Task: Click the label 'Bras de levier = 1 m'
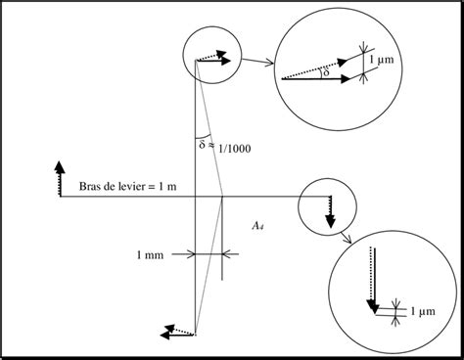tap(128, 186)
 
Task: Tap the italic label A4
tap(257, 226)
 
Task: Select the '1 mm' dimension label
tap(150, 254)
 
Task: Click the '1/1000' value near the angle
tap(235, 149)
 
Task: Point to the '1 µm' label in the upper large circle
tap(382, 60)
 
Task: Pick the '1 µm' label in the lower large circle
tap(423, 311)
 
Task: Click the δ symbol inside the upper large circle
tap(326, 72)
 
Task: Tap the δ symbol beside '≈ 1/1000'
tap(203, 144)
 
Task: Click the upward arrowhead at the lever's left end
tap(59, 167)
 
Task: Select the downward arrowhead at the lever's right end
tap(331, 221)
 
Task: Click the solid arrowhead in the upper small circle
tap(225, 61)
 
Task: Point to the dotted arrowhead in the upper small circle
tap(221, 55)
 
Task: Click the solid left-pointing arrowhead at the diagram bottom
tap(165, 335)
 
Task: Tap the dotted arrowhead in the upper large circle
tap(342, 62)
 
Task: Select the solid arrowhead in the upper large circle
tap(345, 79)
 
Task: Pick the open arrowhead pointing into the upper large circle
tap(269, 63)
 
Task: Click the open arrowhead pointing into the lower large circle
tap(348, 240)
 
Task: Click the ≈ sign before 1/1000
tap(211, 145)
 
